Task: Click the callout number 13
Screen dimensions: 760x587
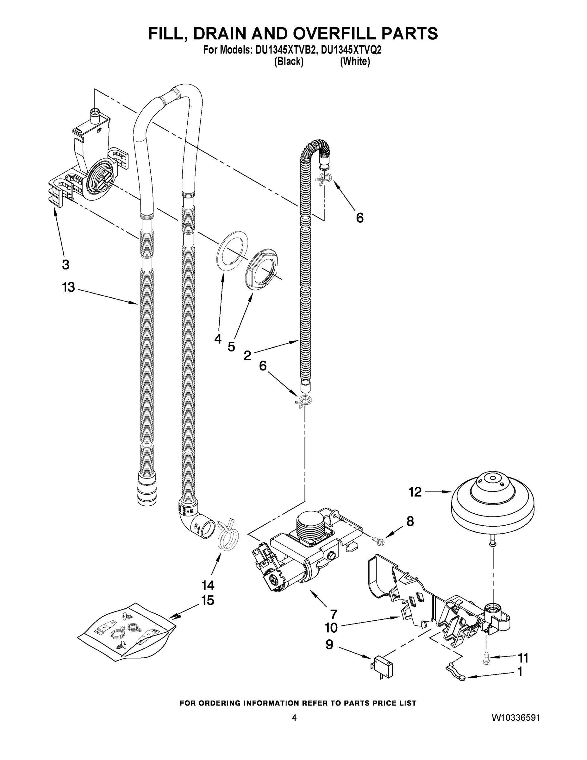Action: click(x=68, y=288)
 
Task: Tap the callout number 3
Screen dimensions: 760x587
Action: click(x=66, y=264)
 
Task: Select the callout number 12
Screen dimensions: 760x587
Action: click(x=415, y=492)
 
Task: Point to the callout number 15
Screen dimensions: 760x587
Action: click(x=208, y=600)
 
